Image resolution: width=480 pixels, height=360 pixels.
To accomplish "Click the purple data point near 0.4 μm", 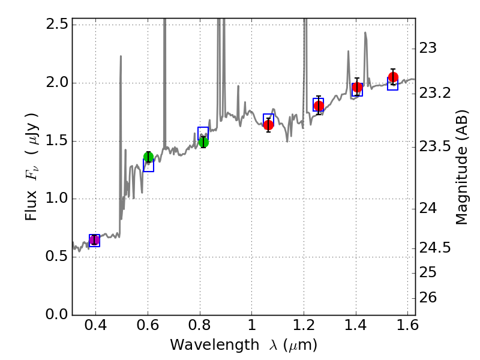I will coord(94,240).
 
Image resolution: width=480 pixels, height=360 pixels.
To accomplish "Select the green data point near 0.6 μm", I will coord(149,157).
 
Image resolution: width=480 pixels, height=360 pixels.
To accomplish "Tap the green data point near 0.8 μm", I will coord(203,142).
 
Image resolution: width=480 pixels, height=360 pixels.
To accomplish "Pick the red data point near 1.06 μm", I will coord(268,125).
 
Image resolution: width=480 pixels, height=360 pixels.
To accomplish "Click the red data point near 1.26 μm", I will coord(319,106).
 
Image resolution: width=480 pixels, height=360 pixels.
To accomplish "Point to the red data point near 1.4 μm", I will coord(357,88).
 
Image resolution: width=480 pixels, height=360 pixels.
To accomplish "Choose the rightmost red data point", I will coord(393,77).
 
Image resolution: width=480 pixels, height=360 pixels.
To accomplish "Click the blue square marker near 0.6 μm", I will coord(149,166).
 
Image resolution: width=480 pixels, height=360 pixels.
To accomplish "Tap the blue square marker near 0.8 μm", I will coord(203,133).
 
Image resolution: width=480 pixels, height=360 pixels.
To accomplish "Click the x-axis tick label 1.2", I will coord(304,327).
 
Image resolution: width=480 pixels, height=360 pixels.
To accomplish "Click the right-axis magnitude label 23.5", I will coord(436,147).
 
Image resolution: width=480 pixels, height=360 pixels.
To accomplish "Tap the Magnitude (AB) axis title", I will coord(461,167).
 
